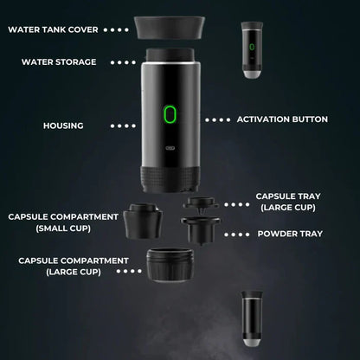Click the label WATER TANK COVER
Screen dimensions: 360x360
tap(52, 29)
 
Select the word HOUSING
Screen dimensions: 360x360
tap(63, 125)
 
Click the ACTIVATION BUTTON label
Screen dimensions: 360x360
tap(282, 119)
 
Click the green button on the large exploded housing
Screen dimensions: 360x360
tap(170, 116)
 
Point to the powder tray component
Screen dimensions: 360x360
tap(202, 232)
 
